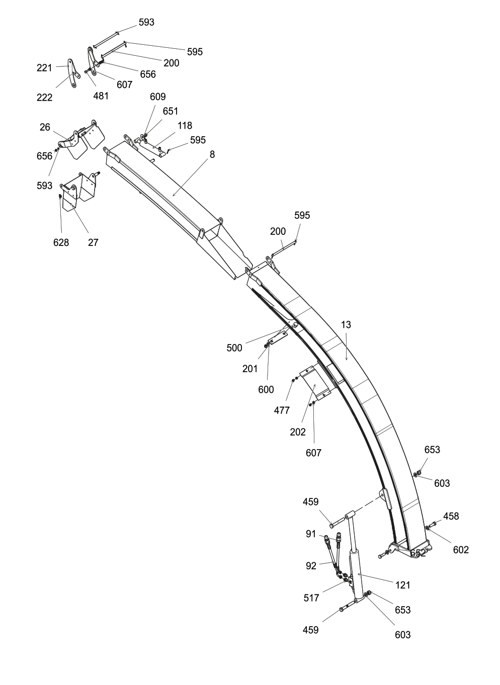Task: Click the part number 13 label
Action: coord(346,325)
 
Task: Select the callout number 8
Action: coord(212,154)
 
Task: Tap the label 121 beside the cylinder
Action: coord(403,585)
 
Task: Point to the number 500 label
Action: coord(234,348)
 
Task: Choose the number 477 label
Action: coord(282,410)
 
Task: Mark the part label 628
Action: coord(61,242)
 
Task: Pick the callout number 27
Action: coord(93,242)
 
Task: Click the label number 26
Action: coord(45,127)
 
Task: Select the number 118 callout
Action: coord(185,125)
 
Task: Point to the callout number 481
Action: coord(101,96)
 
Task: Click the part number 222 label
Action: coord(44,98)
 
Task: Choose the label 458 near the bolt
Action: coord(451,516)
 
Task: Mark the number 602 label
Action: coord(461,550)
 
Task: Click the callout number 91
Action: coord(311,534)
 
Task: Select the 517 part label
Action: coord(311,597)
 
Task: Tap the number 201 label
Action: coord(249,369)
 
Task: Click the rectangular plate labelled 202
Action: coord(315,384)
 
